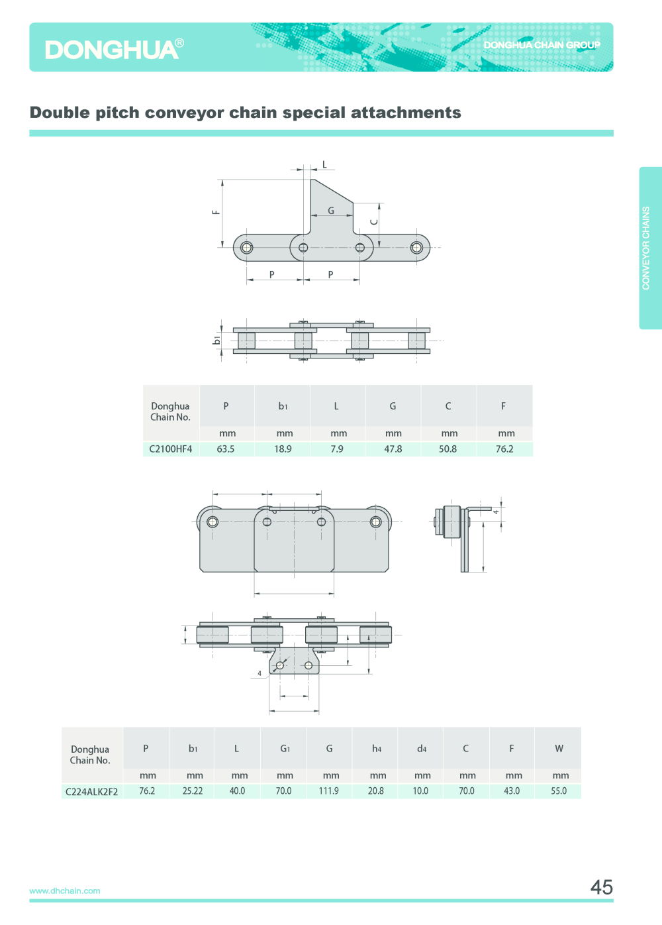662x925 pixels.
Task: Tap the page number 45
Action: [x=601, y=887]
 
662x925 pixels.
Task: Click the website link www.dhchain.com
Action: [x=65, y=891]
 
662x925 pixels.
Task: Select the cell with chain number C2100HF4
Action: [x=171, y=449]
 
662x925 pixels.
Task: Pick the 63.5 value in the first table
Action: [x=226, y=449]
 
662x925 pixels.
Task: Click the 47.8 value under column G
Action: [x=393, y=449]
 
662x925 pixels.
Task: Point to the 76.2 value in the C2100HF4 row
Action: [x=504, y=449]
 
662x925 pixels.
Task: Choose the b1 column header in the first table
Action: [x=283, y=406]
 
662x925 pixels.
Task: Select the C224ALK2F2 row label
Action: [x=91, y=791]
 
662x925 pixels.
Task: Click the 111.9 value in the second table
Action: [x=329, y=791]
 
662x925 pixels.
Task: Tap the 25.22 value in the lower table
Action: [x=193, y=791]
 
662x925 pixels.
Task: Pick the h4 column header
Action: [x=377, y=749]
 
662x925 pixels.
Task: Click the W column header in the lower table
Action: [x=559, y=749]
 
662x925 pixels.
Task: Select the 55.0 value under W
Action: [x=559, y=791]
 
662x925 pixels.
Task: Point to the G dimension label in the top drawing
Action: [x=331, y=211]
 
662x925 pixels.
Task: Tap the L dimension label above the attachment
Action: [x=324, y=164]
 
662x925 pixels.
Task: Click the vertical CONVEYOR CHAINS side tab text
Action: [x=646, y=248]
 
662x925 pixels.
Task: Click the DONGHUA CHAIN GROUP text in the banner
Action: [x=542, y=45]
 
